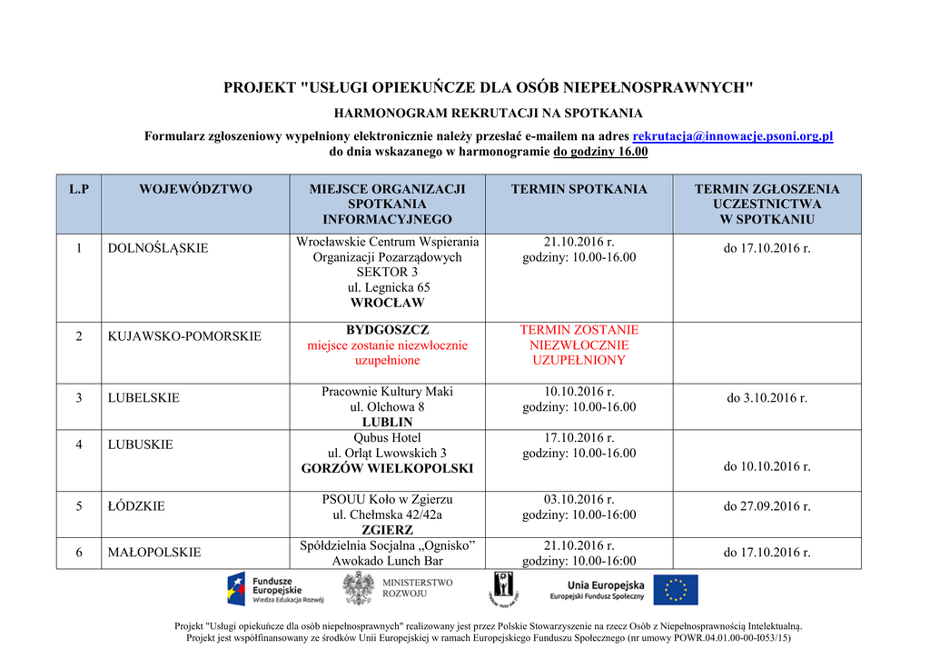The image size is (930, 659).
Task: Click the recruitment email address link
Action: coord(732,136)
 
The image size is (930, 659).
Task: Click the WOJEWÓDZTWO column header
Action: coord(195,189)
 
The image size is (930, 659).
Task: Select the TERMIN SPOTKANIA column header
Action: coord(579,189)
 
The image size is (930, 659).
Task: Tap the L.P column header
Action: coord(79,189)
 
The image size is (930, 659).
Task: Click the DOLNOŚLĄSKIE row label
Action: coord(158,248)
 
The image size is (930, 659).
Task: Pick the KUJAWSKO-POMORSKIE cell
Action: coord(184,336)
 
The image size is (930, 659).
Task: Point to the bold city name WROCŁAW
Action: coord(387,303)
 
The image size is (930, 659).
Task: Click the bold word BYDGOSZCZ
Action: coord(387,330)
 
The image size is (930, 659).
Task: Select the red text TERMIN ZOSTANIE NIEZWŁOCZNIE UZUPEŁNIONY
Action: coord(579,345)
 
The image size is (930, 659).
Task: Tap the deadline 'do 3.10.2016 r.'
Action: coord(767,398)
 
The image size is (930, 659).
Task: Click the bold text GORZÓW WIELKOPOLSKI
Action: coord(387,468)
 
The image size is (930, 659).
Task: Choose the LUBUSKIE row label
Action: coord(140,444)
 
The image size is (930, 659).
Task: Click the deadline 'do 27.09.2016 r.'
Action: coord(767,506)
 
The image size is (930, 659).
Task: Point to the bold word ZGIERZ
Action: coord(387,530)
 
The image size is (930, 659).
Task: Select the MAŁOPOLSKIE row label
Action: coord(154,552)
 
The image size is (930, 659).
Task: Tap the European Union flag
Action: coord(676,590)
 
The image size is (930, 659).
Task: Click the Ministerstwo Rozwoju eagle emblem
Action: coord(357,588)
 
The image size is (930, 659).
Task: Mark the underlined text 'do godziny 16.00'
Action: coord(600,152)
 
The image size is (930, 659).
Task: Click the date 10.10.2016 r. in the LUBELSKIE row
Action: coord(579,392)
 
